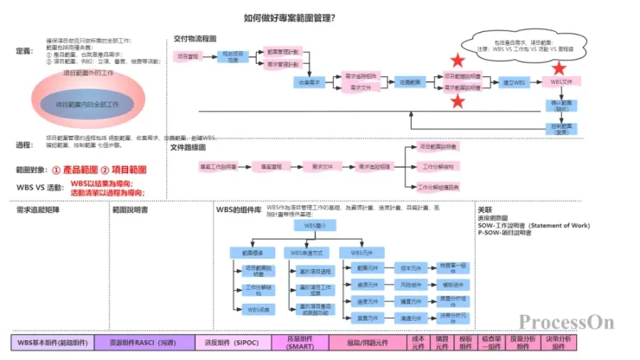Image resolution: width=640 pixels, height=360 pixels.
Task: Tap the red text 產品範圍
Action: pos(83,170)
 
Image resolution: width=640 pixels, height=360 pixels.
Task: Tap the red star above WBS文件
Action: pos(560,67)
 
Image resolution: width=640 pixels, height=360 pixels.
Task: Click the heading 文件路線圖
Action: pos(191,148)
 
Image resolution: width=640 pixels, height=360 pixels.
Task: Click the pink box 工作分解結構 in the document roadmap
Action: pos(438,166)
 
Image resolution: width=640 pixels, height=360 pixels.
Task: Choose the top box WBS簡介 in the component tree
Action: pos(314,224)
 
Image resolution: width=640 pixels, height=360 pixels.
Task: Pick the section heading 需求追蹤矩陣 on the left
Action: pos(38,209)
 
